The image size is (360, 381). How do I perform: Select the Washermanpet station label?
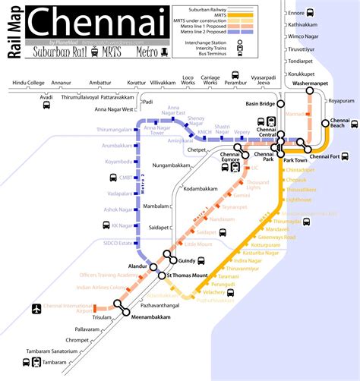[x=307, y=83]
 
